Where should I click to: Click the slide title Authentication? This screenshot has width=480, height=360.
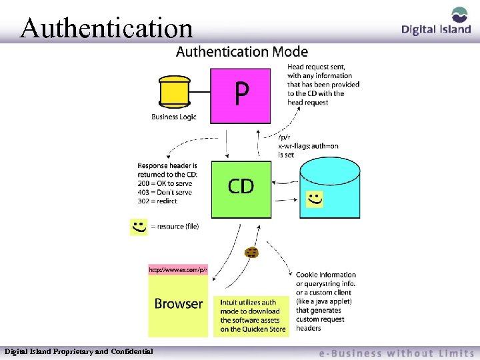coord(107,28)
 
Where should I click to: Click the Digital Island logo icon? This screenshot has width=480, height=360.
coord(459,15)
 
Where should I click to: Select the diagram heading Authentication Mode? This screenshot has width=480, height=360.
coord(241,51)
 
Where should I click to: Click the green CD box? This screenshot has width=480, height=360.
coord(241,189)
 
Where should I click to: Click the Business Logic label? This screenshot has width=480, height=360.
coord(174,117)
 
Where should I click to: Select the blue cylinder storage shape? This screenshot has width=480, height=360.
coord(330,187)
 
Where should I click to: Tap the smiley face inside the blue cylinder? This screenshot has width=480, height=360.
coord(314,198)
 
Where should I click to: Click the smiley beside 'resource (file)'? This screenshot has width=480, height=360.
coord(139,227)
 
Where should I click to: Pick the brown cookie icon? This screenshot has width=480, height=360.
coord(251,252)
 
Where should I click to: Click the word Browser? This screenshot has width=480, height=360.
coord(178,304)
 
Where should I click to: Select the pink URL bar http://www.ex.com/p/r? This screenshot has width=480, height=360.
coord(178,270)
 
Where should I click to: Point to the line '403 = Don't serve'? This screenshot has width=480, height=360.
coord(165,192)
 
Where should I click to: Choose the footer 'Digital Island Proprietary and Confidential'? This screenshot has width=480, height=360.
coord(79,351)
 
